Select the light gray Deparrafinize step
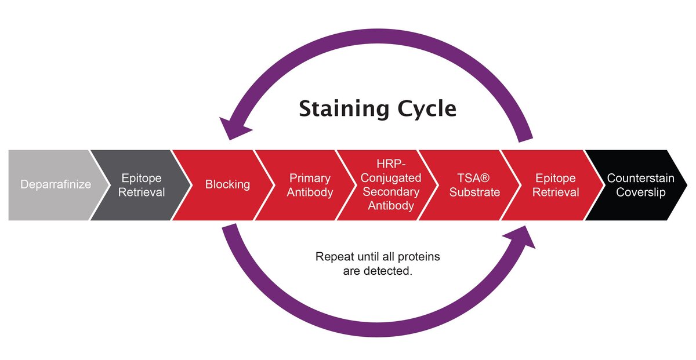tap(56, 185)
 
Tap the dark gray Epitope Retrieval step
tap(140, 185)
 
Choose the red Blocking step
tap(227, 185)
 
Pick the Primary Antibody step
tap(310, 185)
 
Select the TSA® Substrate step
tap(473, 185)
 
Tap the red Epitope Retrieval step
tap(556, 185)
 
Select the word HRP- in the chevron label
tap(391, 165)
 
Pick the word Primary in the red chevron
tap(310, 178)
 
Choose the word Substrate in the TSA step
tap(473, 192)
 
